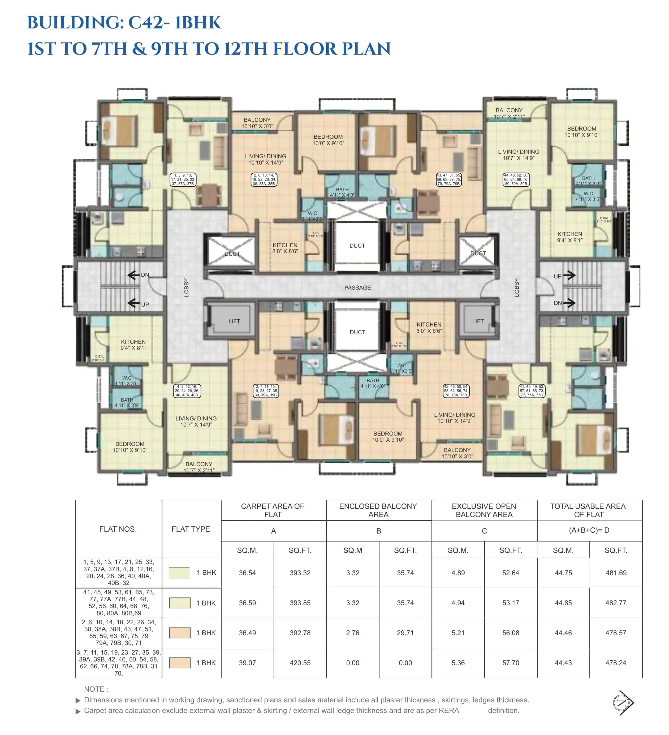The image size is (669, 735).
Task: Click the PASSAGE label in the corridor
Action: (357, 288)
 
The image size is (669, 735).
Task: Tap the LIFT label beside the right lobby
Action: (478, 321)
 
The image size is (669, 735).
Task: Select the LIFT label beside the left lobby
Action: (234, 321)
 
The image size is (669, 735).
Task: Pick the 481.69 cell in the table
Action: (616, 573)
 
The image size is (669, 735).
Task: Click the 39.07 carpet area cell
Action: (247, 663)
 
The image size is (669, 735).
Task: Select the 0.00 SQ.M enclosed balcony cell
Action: (353, 663)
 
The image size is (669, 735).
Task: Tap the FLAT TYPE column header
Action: (191, 529)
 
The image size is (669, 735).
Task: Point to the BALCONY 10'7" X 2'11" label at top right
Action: (509, 113)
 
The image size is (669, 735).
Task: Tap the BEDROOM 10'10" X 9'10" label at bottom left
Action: (130, 447)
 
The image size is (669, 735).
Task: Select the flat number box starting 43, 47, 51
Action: (449, 179)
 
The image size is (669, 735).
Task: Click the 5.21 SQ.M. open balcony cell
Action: (458, 633)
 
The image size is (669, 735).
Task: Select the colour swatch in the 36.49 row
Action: (179, 633)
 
